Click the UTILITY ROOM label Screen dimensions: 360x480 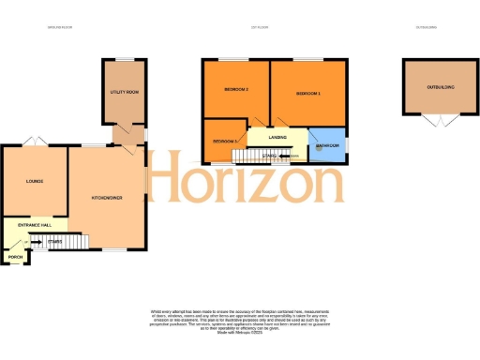pyautogui.click(x=124, y=93)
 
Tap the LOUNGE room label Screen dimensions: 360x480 pyautogui.click(x=35, y=181)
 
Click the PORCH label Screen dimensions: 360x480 pyautogui.click(x=15, y=256)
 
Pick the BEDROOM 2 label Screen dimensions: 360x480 pyautogui.click(x=235, y=89)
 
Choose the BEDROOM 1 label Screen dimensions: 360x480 pyautogui.click(x=307, y=94)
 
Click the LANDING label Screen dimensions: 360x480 pyautogui.click(x=277, y=137)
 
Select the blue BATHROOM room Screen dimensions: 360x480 pyautogui.click(x=327, y=144)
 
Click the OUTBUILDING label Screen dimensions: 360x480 pyautogui.click(x=440, y=87)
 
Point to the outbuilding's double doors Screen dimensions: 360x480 pyautogui.click(x=435, y=122)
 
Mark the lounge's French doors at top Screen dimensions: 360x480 pyautogui.click(x=36, y=141)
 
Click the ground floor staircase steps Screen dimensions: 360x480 pyautogui.click(x=69, y=242)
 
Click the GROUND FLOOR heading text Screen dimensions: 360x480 pyautogui.click(x=60, y=26)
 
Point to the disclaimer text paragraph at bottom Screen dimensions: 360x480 pyautogui.click(x=240, y=324)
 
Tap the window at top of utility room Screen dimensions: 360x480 pyautogui.click(x=124, y=60)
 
